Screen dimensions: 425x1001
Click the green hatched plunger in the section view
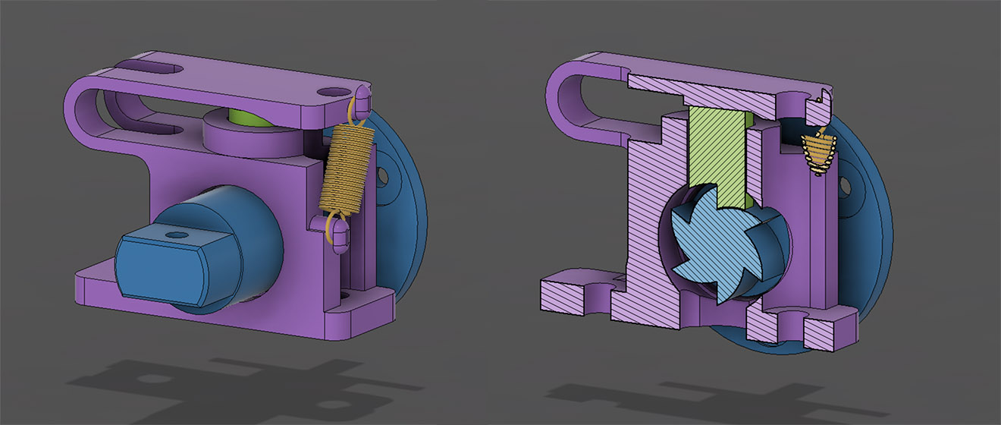[x=717, y=152]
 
